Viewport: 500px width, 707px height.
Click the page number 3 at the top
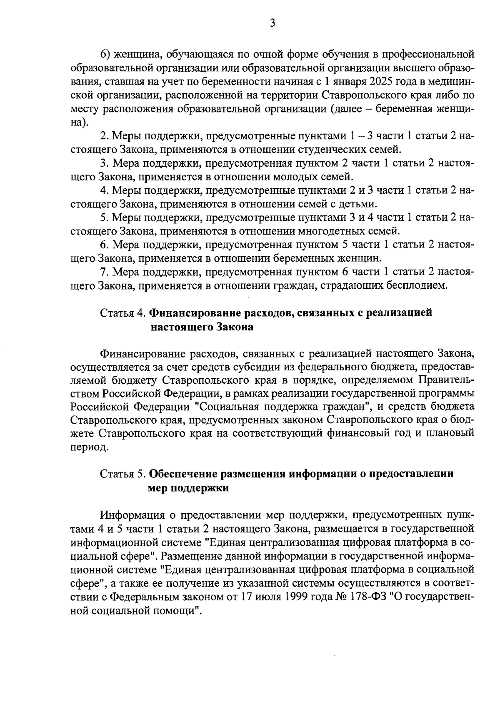[x=272, y=23]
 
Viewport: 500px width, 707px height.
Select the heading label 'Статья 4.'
[x=123, y=313]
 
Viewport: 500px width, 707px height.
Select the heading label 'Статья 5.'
[x=123, y=474]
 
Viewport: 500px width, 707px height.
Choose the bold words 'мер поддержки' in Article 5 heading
[x=188, y=488]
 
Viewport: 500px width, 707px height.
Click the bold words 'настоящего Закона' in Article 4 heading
[x=202, y=327]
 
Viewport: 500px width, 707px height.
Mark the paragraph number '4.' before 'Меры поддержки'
[x=105, y=190]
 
